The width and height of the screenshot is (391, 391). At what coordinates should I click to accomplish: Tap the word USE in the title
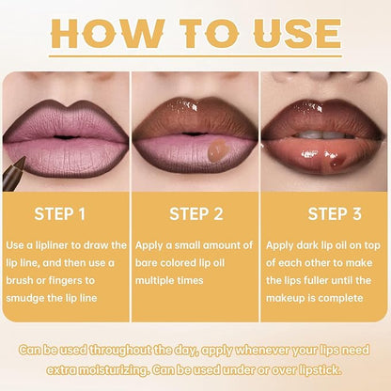point(289,34)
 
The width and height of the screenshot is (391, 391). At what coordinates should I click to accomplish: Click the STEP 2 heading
point(195,213)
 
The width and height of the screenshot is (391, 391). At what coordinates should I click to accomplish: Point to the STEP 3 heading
point(326,213)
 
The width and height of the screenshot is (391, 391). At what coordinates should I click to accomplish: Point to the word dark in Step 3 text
point(309,245)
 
